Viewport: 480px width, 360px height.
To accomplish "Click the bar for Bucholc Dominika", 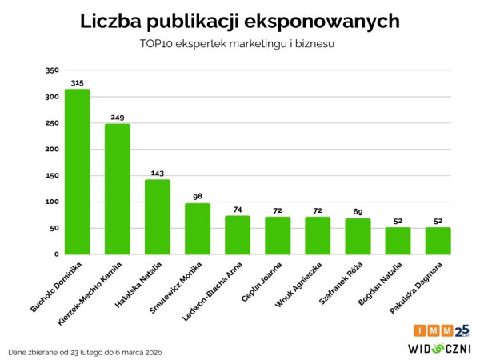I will [78, 172].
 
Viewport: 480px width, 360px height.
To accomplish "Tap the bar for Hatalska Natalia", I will [158, 217].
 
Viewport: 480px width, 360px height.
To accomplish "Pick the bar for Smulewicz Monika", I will [198, 229].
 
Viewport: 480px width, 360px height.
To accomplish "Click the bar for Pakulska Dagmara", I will [438, 241].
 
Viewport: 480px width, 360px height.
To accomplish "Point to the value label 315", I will [78, 83].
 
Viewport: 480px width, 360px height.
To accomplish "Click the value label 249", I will [118, 118].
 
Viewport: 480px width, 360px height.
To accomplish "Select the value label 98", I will [198, 197].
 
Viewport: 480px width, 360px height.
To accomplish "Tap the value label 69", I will [358, 212].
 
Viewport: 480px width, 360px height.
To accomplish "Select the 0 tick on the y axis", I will [57, 254].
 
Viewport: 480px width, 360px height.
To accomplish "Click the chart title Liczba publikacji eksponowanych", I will [240, 22].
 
